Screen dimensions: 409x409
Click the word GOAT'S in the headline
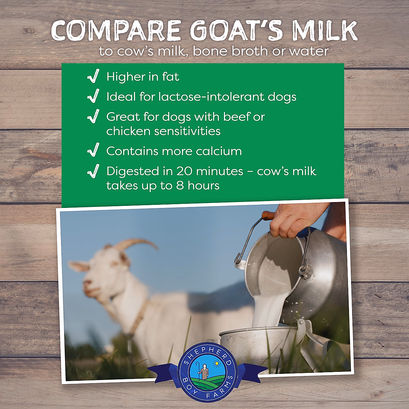[236, 31]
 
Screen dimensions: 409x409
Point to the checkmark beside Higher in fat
[93, 76]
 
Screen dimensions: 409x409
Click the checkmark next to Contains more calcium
[93, 151]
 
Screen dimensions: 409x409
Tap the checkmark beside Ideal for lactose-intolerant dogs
[93, 96]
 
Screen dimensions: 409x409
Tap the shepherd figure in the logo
[204, 371]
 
